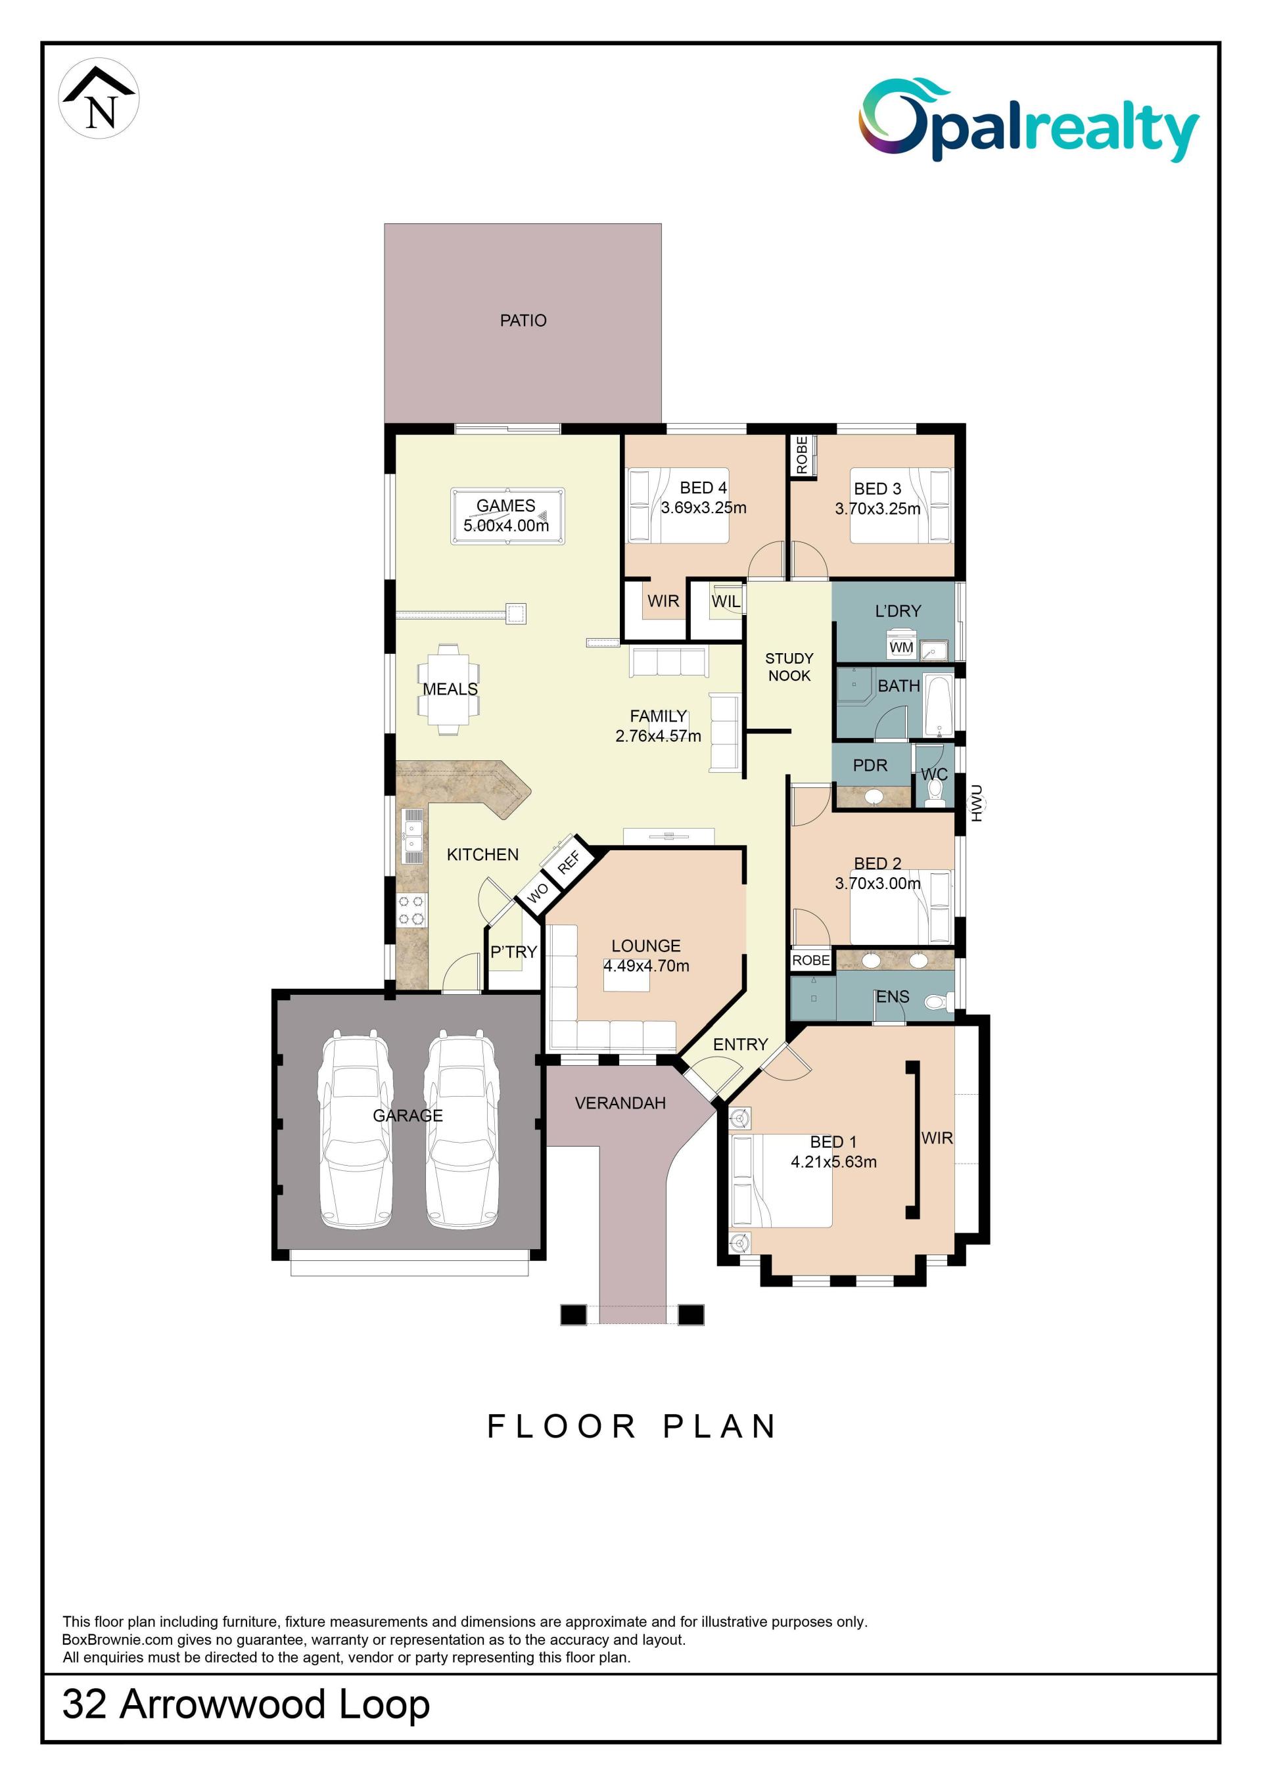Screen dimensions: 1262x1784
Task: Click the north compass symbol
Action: click(99, 99)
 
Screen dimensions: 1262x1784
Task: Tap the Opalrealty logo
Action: click(1028, 120)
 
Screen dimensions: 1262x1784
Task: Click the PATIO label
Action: click(523, 320)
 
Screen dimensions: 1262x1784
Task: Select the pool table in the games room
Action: click(507, 516)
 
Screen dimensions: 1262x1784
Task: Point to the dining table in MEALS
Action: click(448, 689)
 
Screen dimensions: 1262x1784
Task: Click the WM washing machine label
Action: click(901, 647)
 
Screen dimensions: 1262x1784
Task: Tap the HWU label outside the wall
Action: click(977, 804)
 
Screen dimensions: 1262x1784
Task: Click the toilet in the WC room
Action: click(935, 792)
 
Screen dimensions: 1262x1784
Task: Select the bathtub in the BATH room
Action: click(939, 706)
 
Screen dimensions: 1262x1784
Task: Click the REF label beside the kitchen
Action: click(569, 861)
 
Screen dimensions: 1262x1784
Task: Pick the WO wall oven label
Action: click(538, 893)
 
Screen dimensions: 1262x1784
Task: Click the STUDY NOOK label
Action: click(789, 667)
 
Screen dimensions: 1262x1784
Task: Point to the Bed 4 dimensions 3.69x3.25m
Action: click(703, 508)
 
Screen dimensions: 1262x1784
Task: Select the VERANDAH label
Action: click(620, 1103)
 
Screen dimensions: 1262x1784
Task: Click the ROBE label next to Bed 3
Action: click(802, 455)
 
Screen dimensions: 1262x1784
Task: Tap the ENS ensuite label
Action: click(892, 996)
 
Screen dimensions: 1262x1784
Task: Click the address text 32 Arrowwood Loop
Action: click(246, 1704)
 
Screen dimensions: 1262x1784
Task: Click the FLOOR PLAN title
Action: click(632, 1426)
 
